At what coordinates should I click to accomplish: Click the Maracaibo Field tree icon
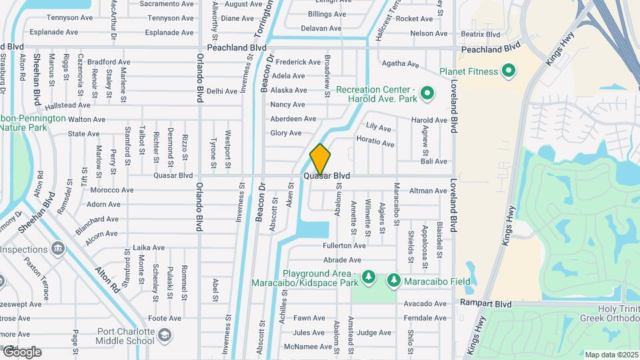tap(393, 281)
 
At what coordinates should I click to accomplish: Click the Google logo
tap(21, 352)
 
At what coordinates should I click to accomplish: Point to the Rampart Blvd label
tap(485, 303)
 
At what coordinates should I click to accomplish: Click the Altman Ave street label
tap(428, 191)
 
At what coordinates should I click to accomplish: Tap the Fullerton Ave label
tap(345, 245)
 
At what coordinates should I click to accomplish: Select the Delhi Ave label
tap(222, 91)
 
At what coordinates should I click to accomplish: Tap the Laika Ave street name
tap(149, 247)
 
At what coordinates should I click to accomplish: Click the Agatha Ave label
tap(400, 65)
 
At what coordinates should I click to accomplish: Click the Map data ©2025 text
tap(612, 355)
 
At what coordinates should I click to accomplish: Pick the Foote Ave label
tap(165, 318)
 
